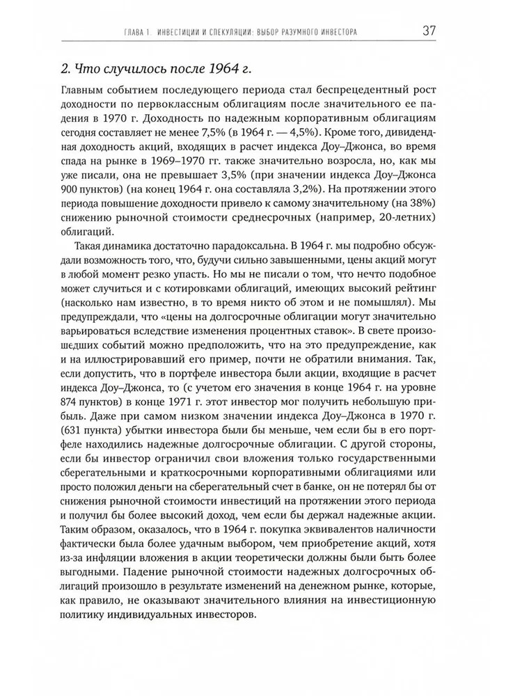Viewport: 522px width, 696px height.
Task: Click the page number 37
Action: pyautogui.click(x=429, y=32)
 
